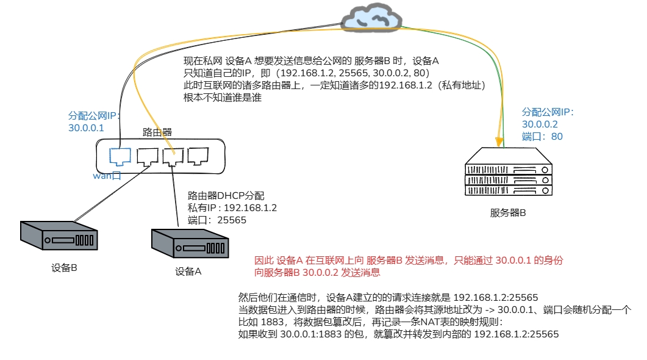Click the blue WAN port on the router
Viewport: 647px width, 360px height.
pos(119,156)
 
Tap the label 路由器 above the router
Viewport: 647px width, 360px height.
pos(157,132)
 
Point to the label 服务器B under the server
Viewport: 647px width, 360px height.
pos(507,213)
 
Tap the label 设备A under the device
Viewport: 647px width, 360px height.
pos(188,272)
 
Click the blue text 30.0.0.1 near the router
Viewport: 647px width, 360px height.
pos(87,128)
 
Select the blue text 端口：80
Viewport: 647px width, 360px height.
pos(542,137)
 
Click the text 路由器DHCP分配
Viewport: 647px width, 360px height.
pos(226,196)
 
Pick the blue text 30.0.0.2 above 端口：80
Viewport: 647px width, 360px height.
pos(540,124)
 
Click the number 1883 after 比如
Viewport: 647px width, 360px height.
pos(273,322)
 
